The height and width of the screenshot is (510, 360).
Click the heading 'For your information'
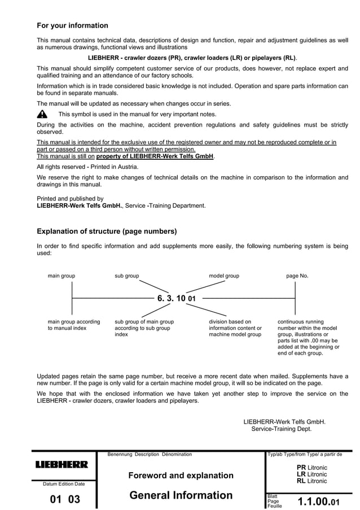[x=72, y=25]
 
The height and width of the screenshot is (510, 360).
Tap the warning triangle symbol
[x=42, y=114]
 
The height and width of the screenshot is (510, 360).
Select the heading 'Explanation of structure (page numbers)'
[x=107, y=232]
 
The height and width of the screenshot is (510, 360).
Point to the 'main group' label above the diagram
[x=62, y=276]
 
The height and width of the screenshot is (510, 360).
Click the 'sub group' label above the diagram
[x=127, y=276]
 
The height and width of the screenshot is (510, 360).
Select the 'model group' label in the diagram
[x=224, y=276]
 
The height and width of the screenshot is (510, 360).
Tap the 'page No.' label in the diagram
[x=297, y=276]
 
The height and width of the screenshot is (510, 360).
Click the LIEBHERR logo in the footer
[x=62, y=465]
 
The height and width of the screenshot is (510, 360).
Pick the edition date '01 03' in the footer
[x=65, y=499]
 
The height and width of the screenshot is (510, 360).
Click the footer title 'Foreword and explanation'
[x=181, y=476]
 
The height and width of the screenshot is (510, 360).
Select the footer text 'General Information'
[x=181, y=495]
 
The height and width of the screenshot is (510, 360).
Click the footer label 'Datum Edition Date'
[x=64, y=484]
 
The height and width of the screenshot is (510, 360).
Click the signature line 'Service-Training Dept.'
[x=281, y=429]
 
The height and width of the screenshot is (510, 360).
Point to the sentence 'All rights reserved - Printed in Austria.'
[x=87, y=167]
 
